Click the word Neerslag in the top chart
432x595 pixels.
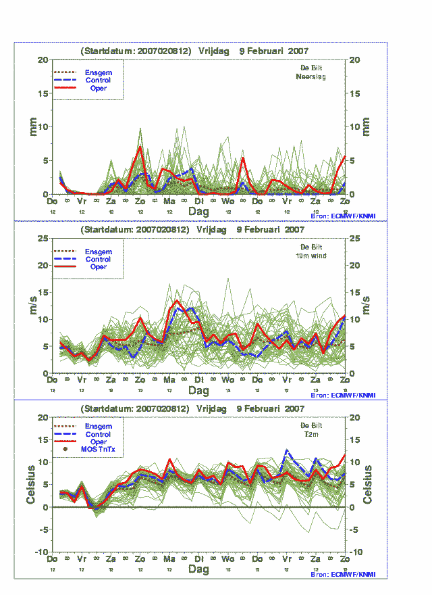point(311,76)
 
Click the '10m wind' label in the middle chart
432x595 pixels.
point(312,256)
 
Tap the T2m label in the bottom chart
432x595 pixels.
point(312,435)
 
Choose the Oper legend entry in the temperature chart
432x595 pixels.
point(98,442)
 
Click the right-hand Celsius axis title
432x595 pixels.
point(367,484)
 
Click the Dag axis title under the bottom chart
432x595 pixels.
point(198,569)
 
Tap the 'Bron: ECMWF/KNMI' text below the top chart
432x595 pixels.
point(343,216)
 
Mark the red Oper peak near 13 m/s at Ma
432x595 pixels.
point(177,301)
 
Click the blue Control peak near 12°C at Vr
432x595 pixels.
point(287,450)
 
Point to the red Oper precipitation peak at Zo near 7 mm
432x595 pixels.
point(140,147)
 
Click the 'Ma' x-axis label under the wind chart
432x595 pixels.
point(169,381)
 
